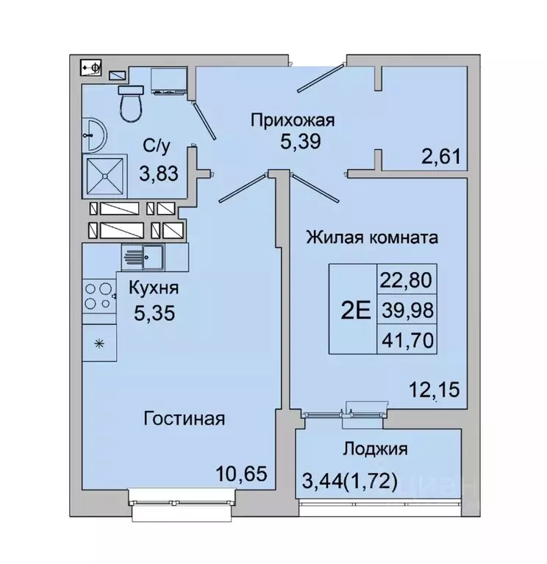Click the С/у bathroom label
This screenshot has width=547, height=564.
[157, 146]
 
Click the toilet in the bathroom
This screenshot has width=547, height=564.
[132, 103]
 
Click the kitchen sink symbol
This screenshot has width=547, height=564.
[143, 257]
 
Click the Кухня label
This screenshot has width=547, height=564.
[153, 288]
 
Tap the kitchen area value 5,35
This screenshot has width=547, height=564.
[154, 314]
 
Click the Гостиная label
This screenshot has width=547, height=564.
[184, 419]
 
